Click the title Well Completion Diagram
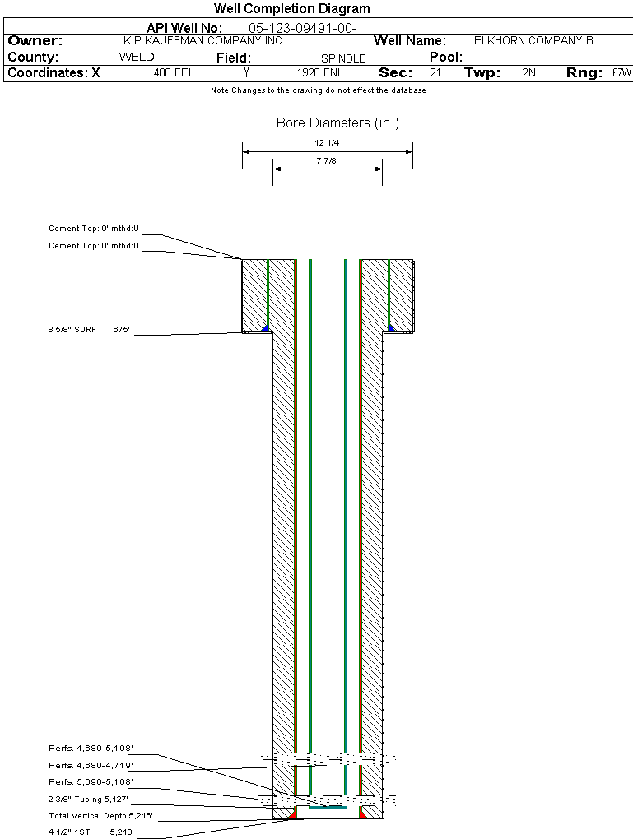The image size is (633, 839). [292, 8]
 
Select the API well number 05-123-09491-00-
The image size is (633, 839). [303, 28]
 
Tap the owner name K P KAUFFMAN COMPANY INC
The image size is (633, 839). [202, 40]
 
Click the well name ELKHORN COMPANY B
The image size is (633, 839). [533, 40]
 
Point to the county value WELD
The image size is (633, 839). [137, 58]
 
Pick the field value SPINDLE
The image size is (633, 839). [343, 58]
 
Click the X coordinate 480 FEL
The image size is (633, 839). [174, 72]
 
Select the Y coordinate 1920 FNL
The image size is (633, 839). [320, 72]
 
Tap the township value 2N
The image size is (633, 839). [528, 72]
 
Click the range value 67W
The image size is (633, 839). [621, 72]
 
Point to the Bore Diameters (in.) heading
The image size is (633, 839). [338, 123]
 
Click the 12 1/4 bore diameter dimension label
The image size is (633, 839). [327, 143]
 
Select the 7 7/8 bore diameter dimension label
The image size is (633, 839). [326, 160]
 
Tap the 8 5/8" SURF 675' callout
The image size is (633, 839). [89, 330]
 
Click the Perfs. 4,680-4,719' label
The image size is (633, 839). [91, 765]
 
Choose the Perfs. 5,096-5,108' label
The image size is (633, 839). [91, 781]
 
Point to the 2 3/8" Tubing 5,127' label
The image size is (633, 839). [88, 799]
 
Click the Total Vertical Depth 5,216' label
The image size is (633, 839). [100, 815]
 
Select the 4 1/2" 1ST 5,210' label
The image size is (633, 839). [91, 832]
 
